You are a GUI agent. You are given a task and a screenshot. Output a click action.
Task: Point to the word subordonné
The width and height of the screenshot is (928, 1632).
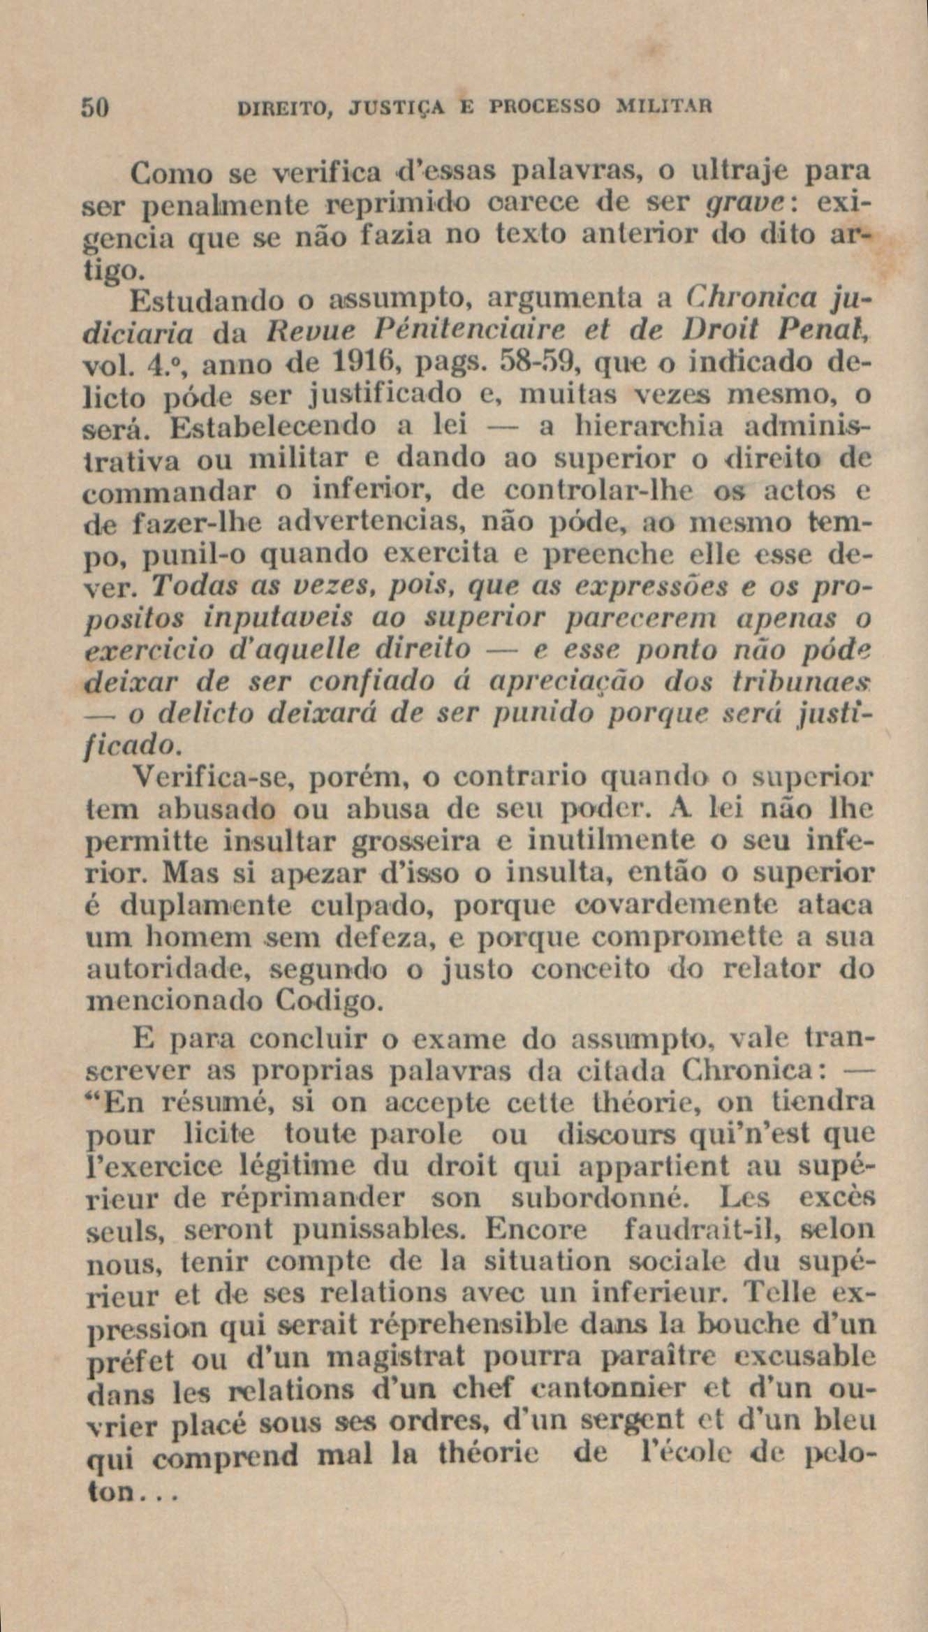tap(596, 1197)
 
